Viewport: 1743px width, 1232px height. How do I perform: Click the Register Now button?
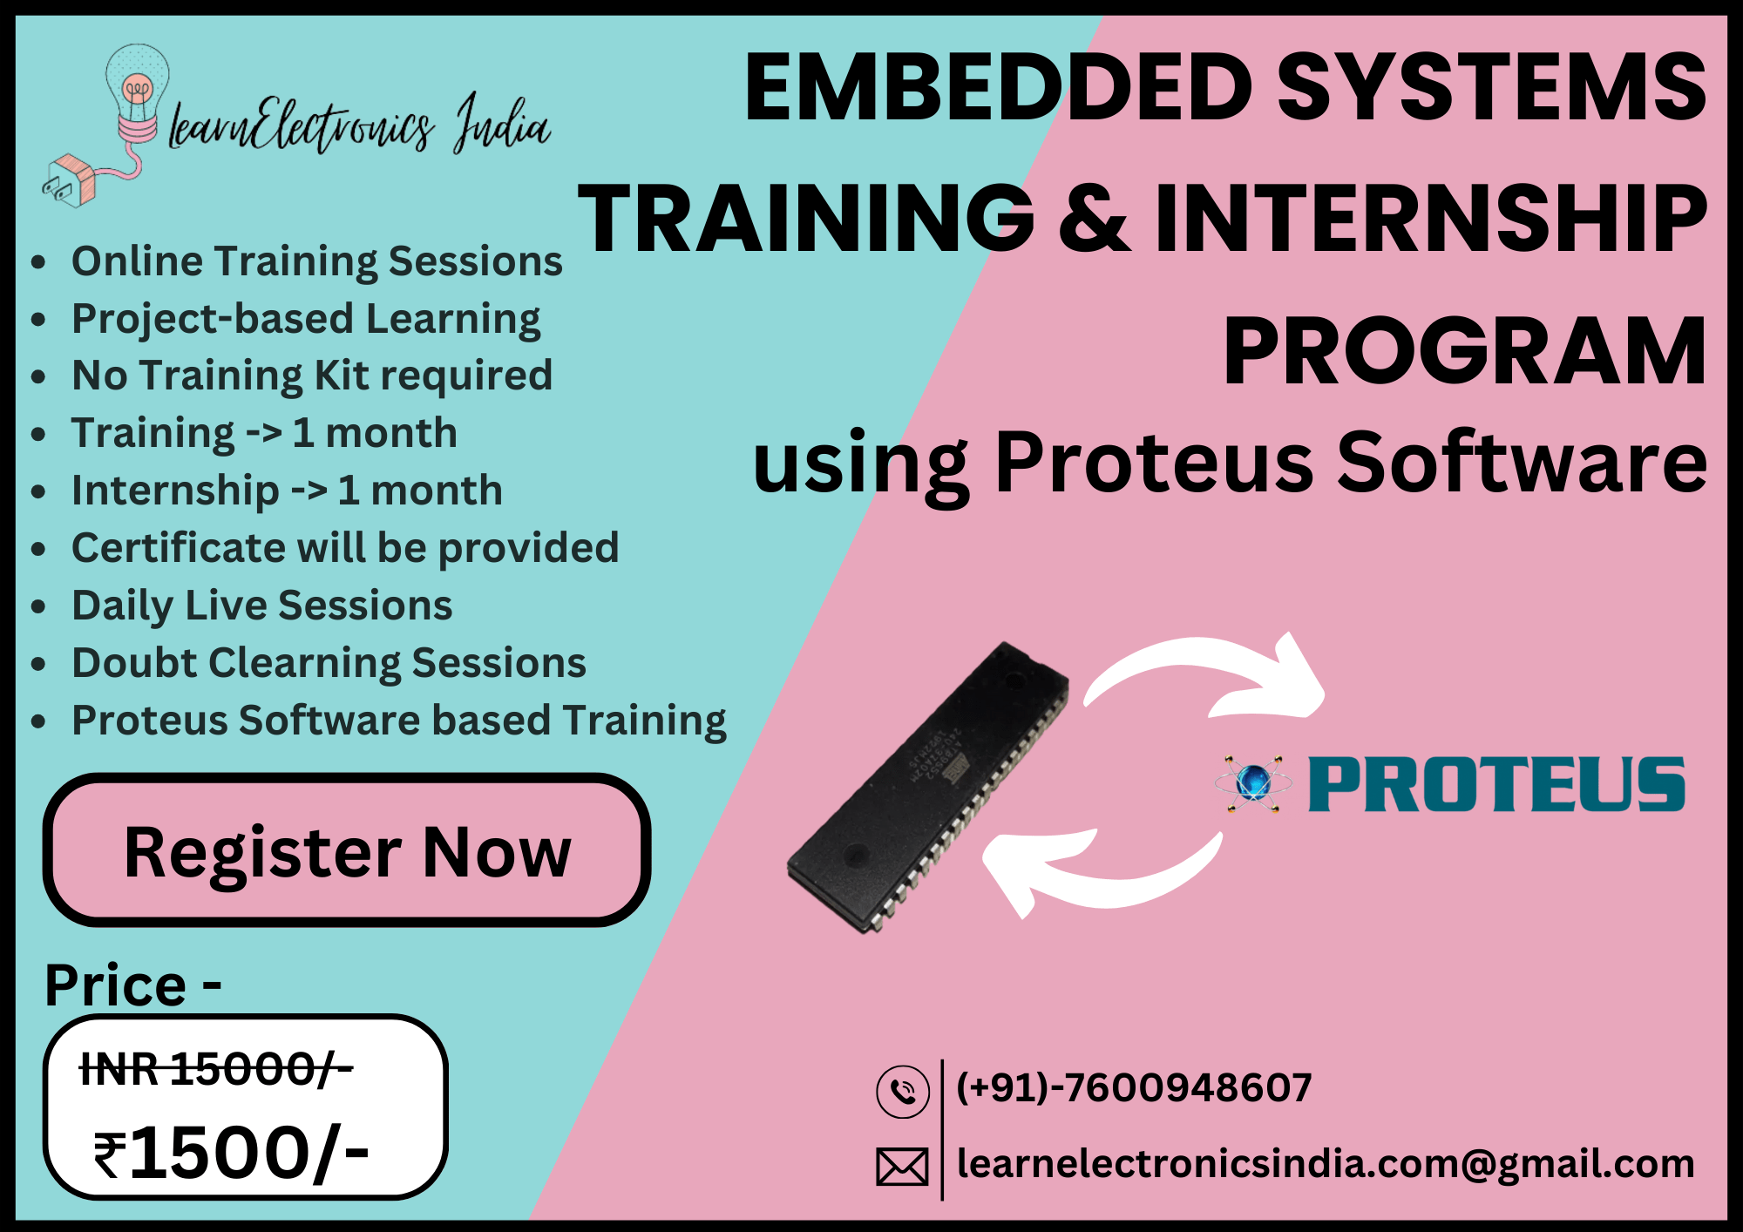pyautogui.click(x=347, y=851)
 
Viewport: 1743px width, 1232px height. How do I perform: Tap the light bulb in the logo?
pyautogui.click(x=137, y=87)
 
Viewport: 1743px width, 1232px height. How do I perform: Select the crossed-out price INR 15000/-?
pyautogui.click(x=215, y=1068)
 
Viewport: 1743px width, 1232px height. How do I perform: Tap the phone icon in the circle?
pyautogui.click(x=903, y=1091)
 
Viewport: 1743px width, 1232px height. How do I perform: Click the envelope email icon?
pyautogui.click(x=902, y=1167)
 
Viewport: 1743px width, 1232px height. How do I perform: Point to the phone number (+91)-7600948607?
pyautogui.click(x=1133, y=1087)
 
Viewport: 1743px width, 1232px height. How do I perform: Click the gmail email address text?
pyautogui.click(x=1325, y=1164)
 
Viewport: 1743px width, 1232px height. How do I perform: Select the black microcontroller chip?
pyautogui.click(x=928, y=787)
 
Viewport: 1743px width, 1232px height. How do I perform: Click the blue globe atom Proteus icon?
pyautogui.click(x=1253, y=782)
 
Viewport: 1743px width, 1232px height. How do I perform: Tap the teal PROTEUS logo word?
pyautogui.click(x=1496, y=785)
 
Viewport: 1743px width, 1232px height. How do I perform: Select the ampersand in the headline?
pyautogui.click(x=1094, y=219)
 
